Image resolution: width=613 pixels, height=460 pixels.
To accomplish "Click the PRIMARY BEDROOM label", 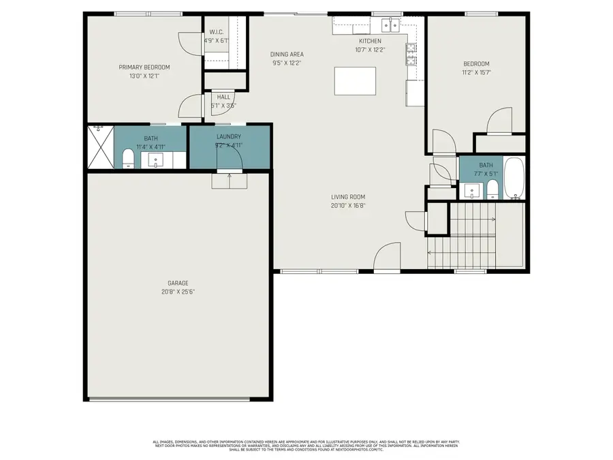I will click(x=144, y=67).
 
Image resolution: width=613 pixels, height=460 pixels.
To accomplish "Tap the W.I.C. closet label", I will click(x=217, y=32).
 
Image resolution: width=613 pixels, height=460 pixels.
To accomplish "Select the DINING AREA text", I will click(x=287, y=55).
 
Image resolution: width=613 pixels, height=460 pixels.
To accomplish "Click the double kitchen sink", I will click(x=390, y=26).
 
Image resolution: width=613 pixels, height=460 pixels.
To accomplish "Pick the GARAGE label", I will click(x=178, y=283).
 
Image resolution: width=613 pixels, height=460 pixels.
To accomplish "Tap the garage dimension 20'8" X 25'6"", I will click(x=178, y=291).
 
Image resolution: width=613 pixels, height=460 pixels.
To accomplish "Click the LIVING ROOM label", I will click(x=348, y=197).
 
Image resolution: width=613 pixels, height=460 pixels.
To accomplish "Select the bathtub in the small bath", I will click(x=515, y=179).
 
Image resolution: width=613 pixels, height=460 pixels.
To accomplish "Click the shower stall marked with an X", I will click(x=99, y=147).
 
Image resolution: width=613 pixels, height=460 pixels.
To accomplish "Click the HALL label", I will click(x=223, y=97).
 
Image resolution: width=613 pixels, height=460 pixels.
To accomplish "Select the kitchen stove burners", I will click(x=411, y=53).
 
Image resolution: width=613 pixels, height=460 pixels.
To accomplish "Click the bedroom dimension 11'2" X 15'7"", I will click(x=477, y=72).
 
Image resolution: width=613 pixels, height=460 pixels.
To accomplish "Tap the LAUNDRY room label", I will click(x=228, y=136).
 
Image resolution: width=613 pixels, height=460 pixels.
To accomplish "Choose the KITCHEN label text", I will click(x=370, y=41).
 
